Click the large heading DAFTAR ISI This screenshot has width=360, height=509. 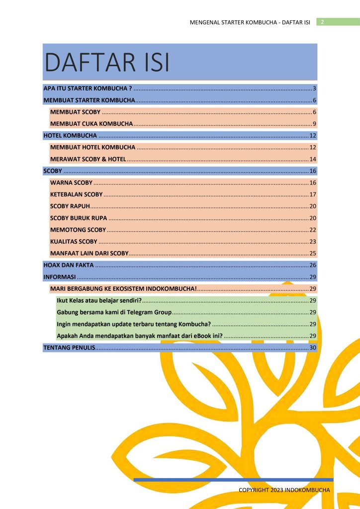[107, 63]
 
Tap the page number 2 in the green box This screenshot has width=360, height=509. [323, 22]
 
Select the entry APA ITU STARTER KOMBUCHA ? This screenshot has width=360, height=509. [88, 88]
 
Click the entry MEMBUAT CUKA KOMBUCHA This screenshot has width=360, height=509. [91, 123]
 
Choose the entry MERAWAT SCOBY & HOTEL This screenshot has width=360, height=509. [88, 159]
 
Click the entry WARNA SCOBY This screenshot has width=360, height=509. [72, 182]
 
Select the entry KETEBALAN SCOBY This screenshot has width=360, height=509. [77, 194]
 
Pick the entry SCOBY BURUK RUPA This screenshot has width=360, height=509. [79, 218]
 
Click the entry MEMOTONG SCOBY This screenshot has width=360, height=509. [78, 230]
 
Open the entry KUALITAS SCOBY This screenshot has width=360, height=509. [74, 242]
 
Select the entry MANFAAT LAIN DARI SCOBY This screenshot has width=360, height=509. [90, 253]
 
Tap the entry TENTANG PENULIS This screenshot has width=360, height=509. [69, 347]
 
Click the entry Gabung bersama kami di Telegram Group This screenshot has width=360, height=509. [114, 312]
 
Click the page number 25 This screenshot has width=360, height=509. [313, 253]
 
